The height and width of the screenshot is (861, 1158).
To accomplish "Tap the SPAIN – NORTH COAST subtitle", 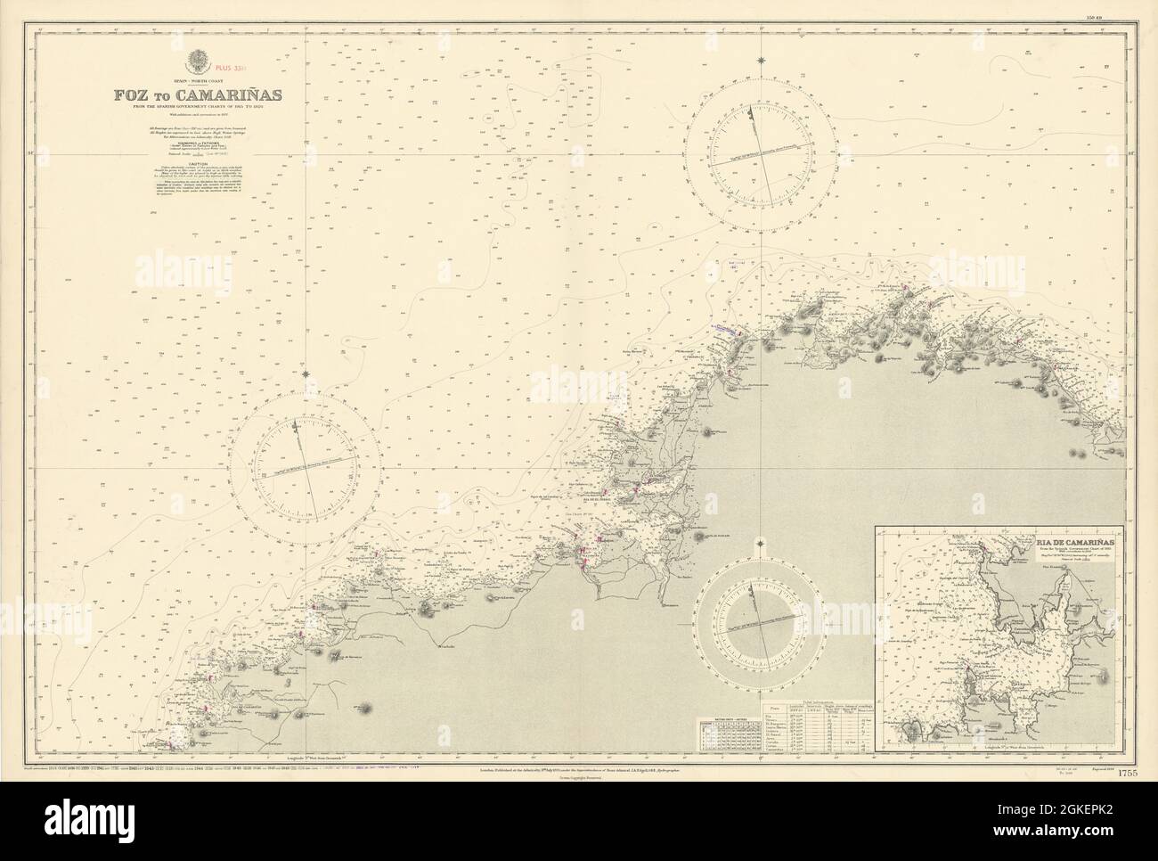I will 195,79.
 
